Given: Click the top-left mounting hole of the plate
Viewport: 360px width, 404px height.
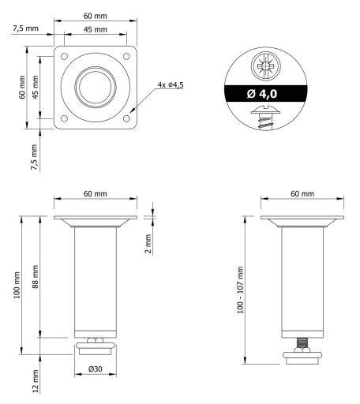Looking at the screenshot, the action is pos(64,56).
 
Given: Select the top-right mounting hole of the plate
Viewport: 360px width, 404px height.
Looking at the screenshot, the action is pos(126,56).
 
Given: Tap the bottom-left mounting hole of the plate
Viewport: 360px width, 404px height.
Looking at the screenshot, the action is pos(64,118).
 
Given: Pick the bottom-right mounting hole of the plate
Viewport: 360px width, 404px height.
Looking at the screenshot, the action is pos(126,118).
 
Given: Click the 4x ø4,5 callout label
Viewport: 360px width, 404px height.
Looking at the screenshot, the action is pos(171,85).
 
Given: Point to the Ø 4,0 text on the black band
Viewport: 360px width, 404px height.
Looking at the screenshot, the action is pos(262,94).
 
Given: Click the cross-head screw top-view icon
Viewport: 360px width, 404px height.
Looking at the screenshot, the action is pos(265,65).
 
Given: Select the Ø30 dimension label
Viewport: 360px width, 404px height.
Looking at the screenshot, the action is pos(96,369).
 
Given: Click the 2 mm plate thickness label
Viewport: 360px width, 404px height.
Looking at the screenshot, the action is pos(148,244).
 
